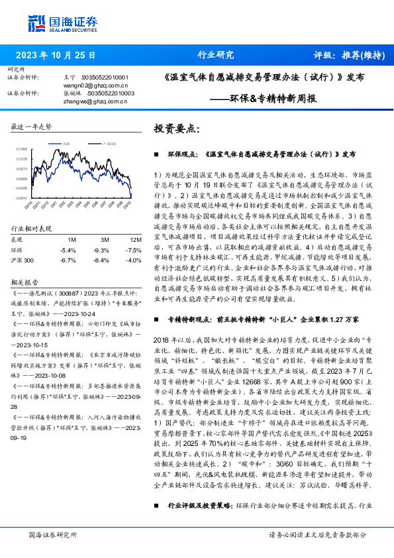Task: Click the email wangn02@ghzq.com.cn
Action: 92,85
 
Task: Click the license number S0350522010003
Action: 107,93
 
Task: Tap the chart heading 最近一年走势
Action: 31,126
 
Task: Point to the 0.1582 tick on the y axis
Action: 22,150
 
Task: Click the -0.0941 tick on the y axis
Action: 22,197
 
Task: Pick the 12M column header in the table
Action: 136,239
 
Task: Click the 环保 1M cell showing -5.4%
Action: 68,250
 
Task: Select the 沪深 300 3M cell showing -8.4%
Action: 101,260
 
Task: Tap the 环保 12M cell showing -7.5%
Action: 134,250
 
